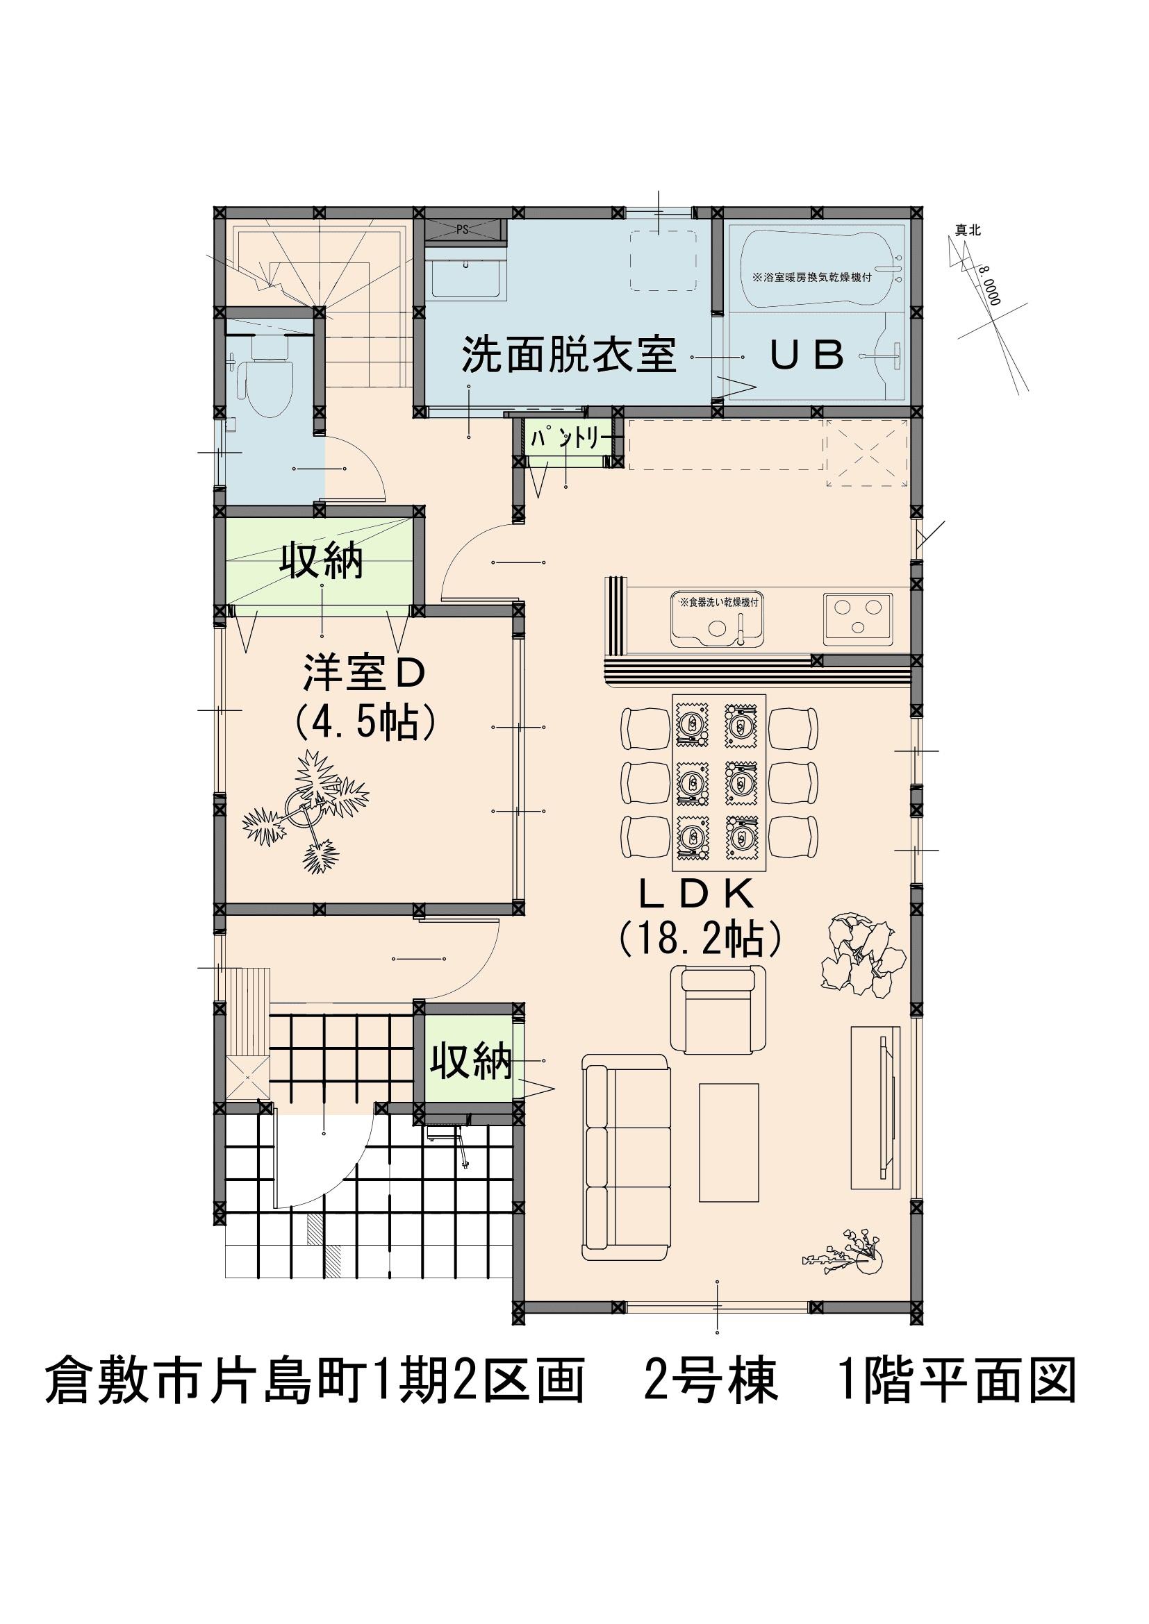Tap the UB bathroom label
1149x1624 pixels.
[807, 355]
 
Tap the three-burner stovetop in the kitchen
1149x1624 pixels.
[857, 619]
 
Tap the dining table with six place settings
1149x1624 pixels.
[719, 783]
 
